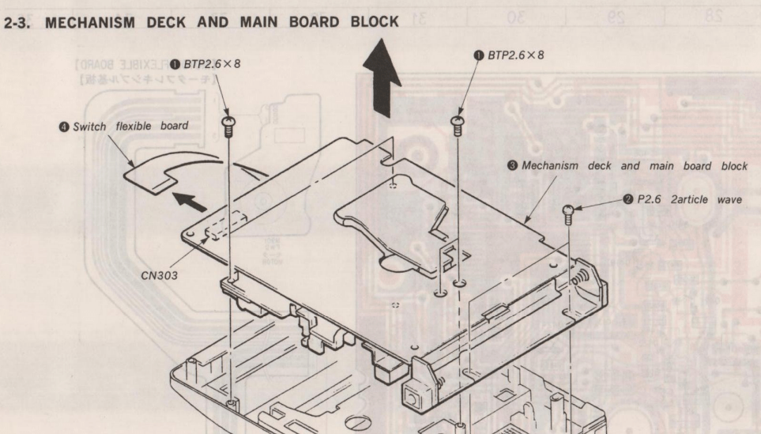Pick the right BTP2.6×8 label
[517, 56]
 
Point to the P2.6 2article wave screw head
[569, 209]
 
